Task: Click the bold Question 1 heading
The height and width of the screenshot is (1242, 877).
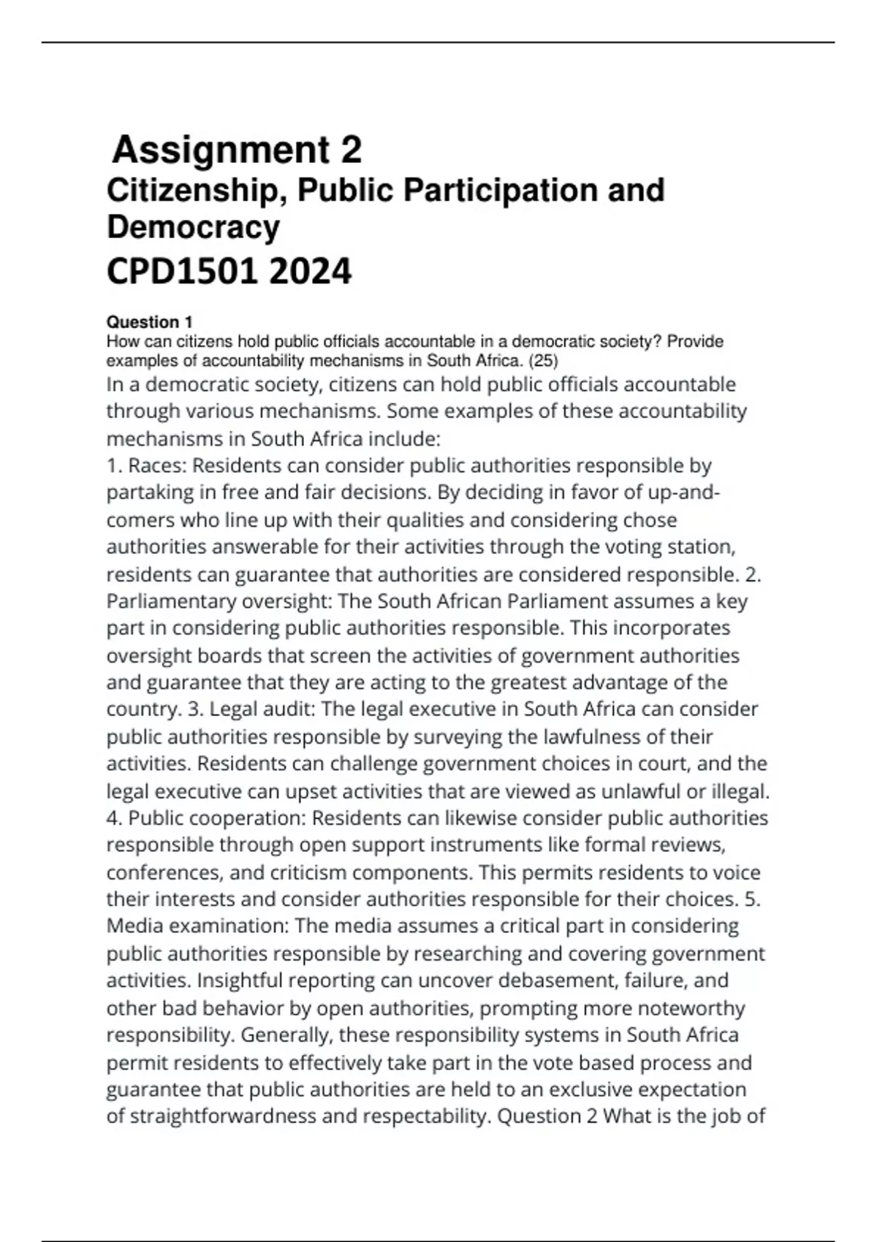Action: [149, 322]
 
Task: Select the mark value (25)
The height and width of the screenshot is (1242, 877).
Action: [542, 360]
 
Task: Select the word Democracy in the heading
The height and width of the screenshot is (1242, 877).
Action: [193, 227]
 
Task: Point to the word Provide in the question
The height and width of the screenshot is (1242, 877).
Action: [695, 342]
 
